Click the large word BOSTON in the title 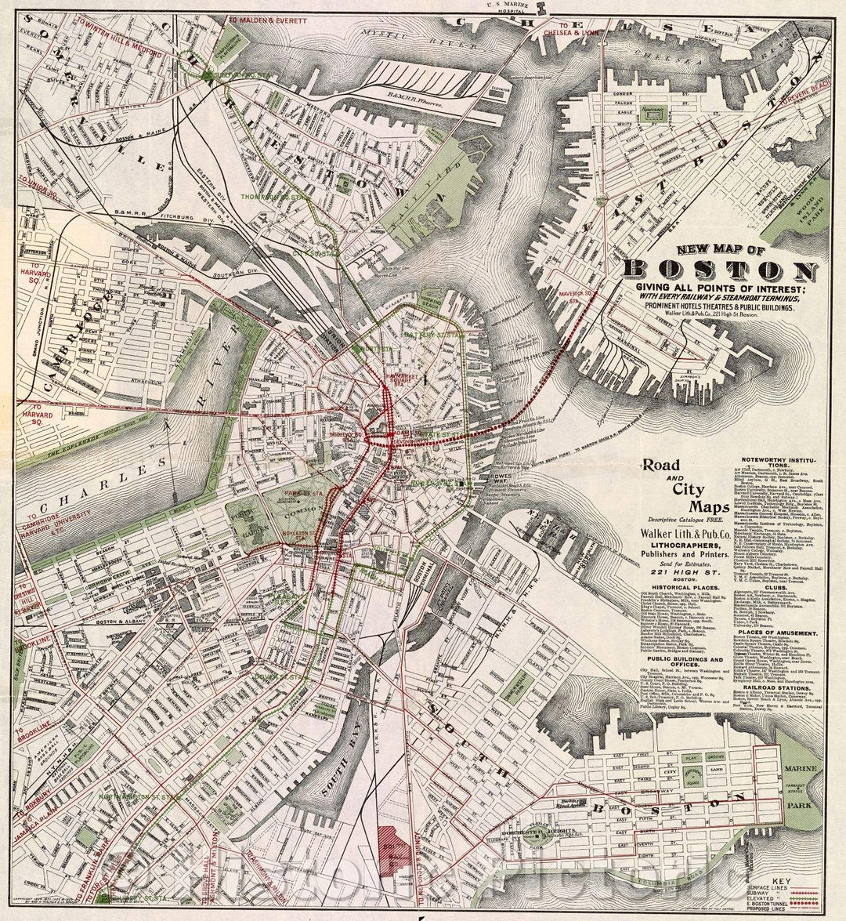pyautogui.click(x=719, y=271)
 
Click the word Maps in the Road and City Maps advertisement pyautogui.click(x=689, y=508)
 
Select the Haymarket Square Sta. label pyautogui.click(x=401, y=379)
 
